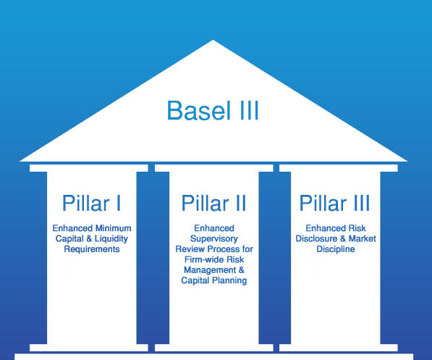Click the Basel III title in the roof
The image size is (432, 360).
[213, 110]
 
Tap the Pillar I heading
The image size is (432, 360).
[91, 203]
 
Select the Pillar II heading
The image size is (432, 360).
[213, 203]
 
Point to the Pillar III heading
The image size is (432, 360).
[334, 203]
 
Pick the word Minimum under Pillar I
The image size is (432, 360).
[112, 228]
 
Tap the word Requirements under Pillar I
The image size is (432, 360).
[92, 249]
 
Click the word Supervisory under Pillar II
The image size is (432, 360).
[214, 239]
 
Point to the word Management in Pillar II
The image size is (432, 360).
[210, 270]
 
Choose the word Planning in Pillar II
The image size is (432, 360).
[229, 280]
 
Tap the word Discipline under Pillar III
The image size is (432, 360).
[336, 249]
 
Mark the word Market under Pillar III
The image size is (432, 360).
[363, 238]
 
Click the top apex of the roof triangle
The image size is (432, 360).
[213, 41]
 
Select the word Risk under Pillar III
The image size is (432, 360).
[357, 228]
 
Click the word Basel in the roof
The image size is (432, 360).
[199, 110]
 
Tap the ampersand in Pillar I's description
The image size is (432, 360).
[89, 238]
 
